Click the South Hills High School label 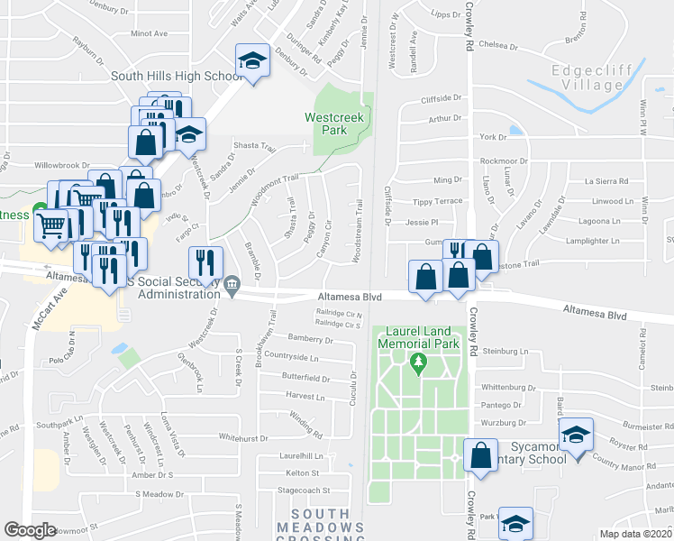pos(176,77)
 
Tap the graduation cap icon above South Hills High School pos(253,61)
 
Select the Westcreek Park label pos(326,124)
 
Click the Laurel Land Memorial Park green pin pos(417,363)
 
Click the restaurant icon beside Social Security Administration pos(205,263)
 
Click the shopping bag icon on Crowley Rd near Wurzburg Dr pos(481,454)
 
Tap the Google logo pos(31,530)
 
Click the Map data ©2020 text pos(636,534)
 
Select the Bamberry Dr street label pos(311,341)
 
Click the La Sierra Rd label pos(604,180)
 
